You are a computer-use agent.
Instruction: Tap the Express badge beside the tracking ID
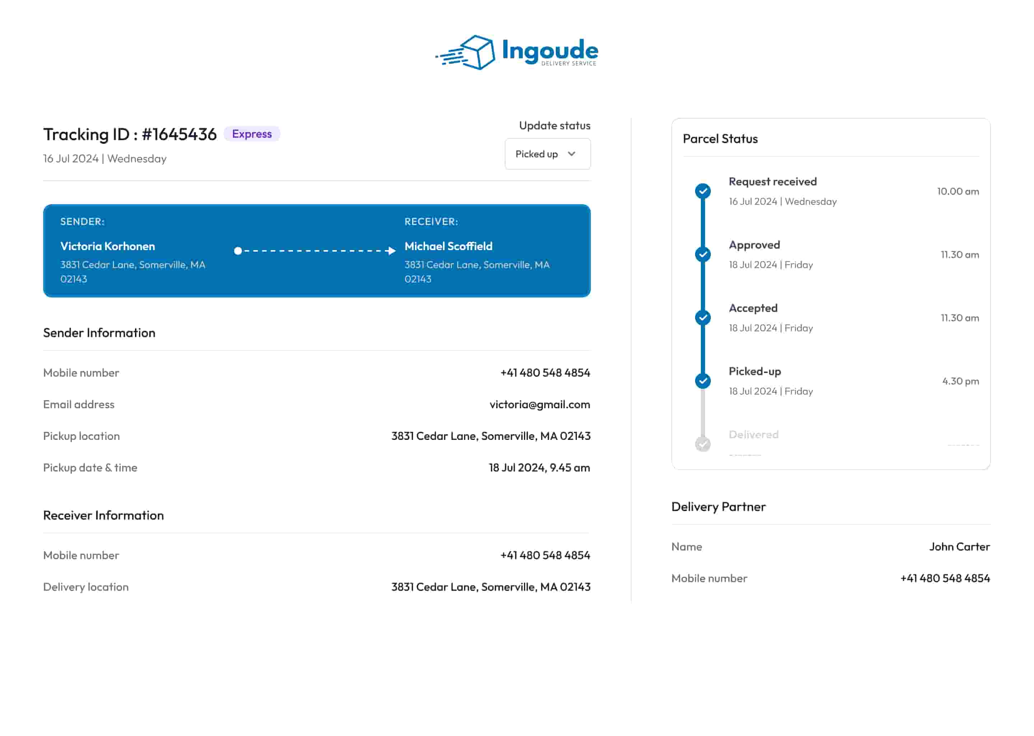click(252, 134)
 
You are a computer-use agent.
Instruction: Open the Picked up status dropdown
click(547, 154)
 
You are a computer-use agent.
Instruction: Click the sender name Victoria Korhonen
click(108, 246)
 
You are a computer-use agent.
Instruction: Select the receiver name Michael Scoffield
click(448, 246)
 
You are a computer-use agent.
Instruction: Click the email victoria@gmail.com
click(539, 404)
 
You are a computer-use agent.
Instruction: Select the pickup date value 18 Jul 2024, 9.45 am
click(539, 467)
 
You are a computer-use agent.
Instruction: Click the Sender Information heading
click(99, 333)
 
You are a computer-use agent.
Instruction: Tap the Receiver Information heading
click(103, 515)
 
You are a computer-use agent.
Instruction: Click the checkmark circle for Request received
click(703, 191)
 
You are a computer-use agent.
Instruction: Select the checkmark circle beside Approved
click(703, 254)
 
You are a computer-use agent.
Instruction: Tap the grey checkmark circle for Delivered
click(703, 444)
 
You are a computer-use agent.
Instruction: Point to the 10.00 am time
click(958, 191)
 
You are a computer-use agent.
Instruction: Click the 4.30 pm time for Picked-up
click(960, 381)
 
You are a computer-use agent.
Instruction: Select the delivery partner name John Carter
click(959, 547)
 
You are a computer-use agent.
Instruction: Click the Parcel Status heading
click(720, 139)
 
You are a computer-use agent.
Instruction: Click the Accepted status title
click(753, 308)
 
